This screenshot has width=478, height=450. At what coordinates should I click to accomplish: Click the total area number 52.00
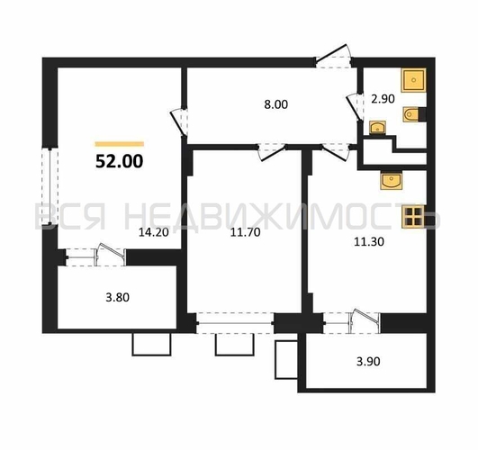point(119,161)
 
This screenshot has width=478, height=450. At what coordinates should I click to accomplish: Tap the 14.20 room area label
point(154,232)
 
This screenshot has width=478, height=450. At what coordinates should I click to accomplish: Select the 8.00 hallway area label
point(275,104)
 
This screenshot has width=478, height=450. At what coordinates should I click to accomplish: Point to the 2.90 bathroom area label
point(383,99)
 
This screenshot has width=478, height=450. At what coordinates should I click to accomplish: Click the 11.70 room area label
point(245,232)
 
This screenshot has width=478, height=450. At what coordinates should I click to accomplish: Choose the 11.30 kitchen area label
point(369,242)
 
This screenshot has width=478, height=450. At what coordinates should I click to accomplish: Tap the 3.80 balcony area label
point(117,297)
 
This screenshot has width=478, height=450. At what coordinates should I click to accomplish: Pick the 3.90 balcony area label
point(368,362)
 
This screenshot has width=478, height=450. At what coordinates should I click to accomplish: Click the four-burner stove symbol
point(413,217)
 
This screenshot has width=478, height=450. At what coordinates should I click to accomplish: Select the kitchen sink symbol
point(392,181)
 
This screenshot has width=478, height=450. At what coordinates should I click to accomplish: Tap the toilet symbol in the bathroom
point(411,114)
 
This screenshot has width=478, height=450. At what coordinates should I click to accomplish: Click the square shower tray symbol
point(414,80)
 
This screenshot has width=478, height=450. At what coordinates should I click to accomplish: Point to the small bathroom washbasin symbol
point(378,128)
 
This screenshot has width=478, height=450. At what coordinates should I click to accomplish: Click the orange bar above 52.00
point(120,144)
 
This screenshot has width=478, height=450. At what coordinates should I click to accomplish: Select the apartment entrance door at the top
point(333,57)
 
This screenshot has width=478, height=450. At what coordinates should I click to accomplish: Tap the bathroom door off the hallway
point(356,107)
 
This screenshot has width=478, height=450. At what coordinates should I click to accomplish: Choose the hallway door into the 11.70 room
point(272,151)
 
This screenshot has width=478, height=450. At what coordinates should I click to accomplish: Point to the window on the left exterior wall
point(50,186)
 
